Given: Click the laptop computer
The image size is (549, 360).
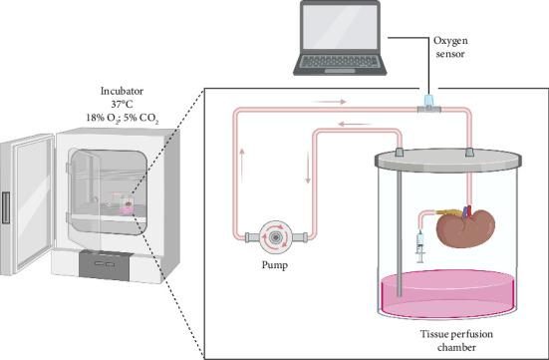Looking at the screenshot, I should [340, 37].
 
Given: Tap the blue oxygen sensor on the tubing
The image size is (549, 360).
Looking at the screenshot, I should [427, 102].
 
